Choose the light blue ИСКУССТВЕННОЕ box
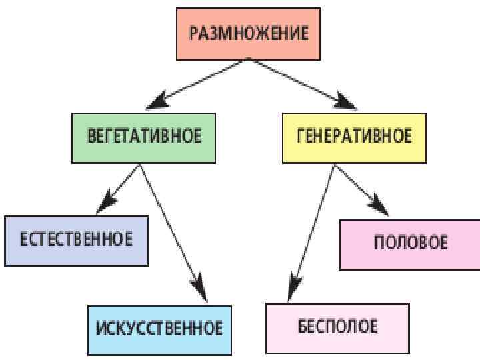tap(159, 329)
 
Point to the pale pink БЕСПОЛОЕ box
tap(337, 328)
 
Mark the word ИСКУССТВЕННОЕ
tap(159, 329)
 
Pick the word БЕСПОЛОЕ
tap(337, 327)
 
